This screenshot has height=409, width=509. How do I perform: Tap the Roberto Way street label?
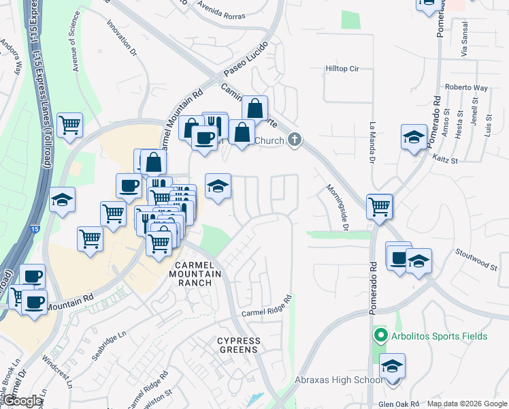(x=467, y=87)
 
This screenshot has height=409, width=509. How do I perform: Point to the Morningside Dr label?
(x=337, y=208)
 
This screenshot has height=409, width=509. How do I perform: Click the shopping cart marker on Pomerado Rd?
(x=379, y=207)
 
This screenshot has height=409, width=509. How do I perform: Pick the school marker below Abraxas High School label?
(x=392, y=367)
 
